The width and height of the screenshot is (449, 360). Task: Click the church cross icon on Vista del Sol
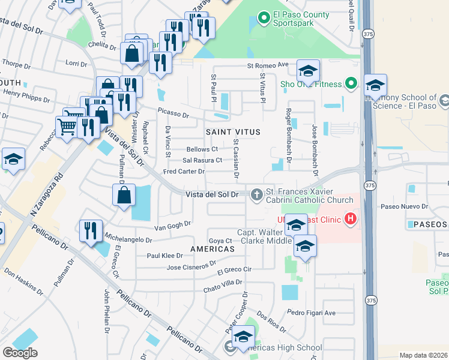(x=256, y=194)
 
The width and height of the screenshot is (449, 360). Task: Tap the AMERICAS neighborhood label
(x=212, y=248)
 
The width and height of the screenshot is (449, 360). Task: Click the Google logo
(x=20, y=353)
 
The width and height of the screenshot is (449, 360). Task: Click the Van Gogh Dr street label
(x=172, y=226)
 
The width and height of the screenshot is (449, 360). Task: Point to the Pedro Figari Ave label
(x=311, y=312)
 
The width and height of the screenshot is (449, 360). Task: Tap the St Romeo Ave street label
(x=268, y=65)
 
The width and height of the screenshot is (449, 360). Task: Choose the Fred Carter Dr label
(x=184, y=172)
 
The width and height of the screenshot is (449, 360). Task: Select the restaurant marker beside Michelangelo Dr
(x=91, y=230)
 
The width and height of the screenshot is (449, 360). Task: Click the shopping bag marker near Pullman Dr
(x=123, y=195)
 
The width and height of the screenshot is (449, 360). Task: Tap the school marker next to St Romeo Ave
(x=308, y=72)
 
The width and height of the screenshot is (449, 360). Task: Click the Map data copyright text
(x=423, y=355)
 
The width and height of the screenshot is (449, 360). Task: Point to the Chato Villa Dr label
(x=222, y=282)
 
